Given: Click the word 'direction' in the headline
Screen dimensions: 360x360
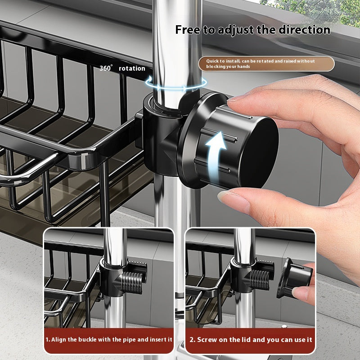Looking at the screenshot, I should [304, 30].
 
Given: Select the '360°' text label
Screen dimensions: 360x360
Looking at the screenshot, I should [107, 68].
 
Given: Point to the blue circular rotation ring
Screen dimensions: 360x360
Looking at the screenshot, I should [176, 82].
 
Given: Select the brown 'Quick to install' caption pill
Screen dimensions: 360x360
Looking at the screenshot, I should [266, 63].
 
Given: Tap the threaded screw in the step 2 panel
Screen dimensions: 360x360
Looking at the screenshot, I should [260, 279].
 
